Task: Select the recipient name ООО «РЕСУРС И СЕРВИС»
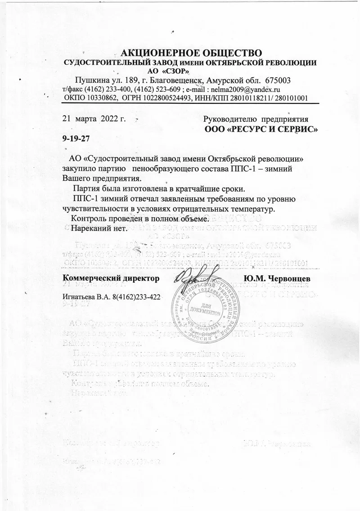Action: (x=262, y=130)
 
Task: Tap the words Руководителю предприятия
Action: (x=256, y=120)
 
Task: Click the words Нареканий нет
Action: (x=100, y=229)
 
